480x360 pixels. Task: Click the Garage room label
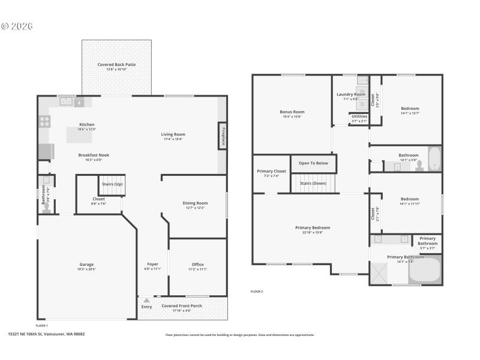[x=87, y=264]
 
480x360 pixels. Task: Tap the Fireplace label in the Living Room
[x=221, y=135]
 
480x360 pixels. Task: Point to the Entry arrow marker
[x=146, y=299]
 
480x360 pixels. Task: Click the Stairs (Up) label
[x=112, y=184]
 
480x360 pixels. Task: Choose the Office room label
[x=197, y=264]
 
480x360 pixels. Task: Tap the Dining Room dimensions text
[x=194, y=208]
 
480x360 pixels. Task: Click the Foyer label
[x=152, y=264]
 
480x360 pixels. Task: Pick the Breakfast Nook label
[x=94, y=155]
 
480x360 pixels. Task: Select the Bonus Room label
[x=292, y=112]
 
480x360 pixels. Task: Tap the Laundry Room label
[x=351, y=94]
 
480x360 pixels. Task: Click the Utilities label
[x=359, y=116]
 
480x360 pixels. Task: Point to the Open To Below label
[x=313, y=163]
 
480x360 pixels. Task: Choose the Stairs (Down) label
[x=313, y=183]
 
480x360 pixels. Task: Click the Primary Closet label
[x=271, y=171]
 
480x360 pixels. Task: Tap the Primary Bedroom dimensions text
[x=313, y=232]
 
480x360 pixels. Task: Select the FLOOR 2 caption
[x=257, y=292]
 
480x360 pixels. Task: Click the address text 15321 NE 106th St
[x=46, y=334]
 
